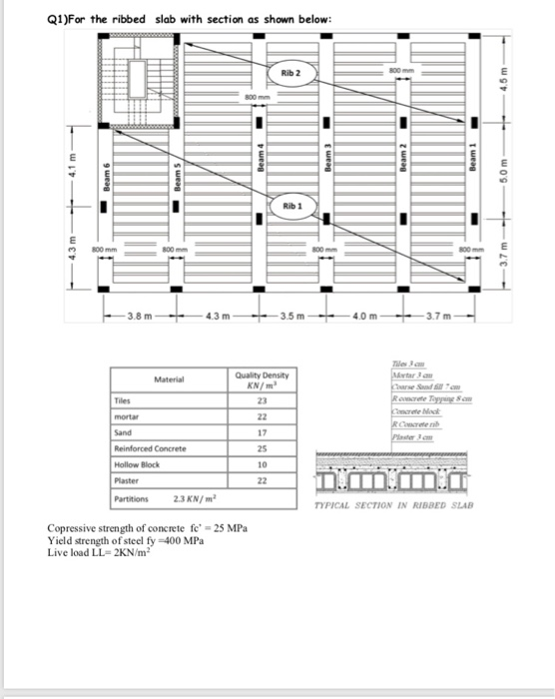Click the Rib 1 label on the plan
coord(291,204)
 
